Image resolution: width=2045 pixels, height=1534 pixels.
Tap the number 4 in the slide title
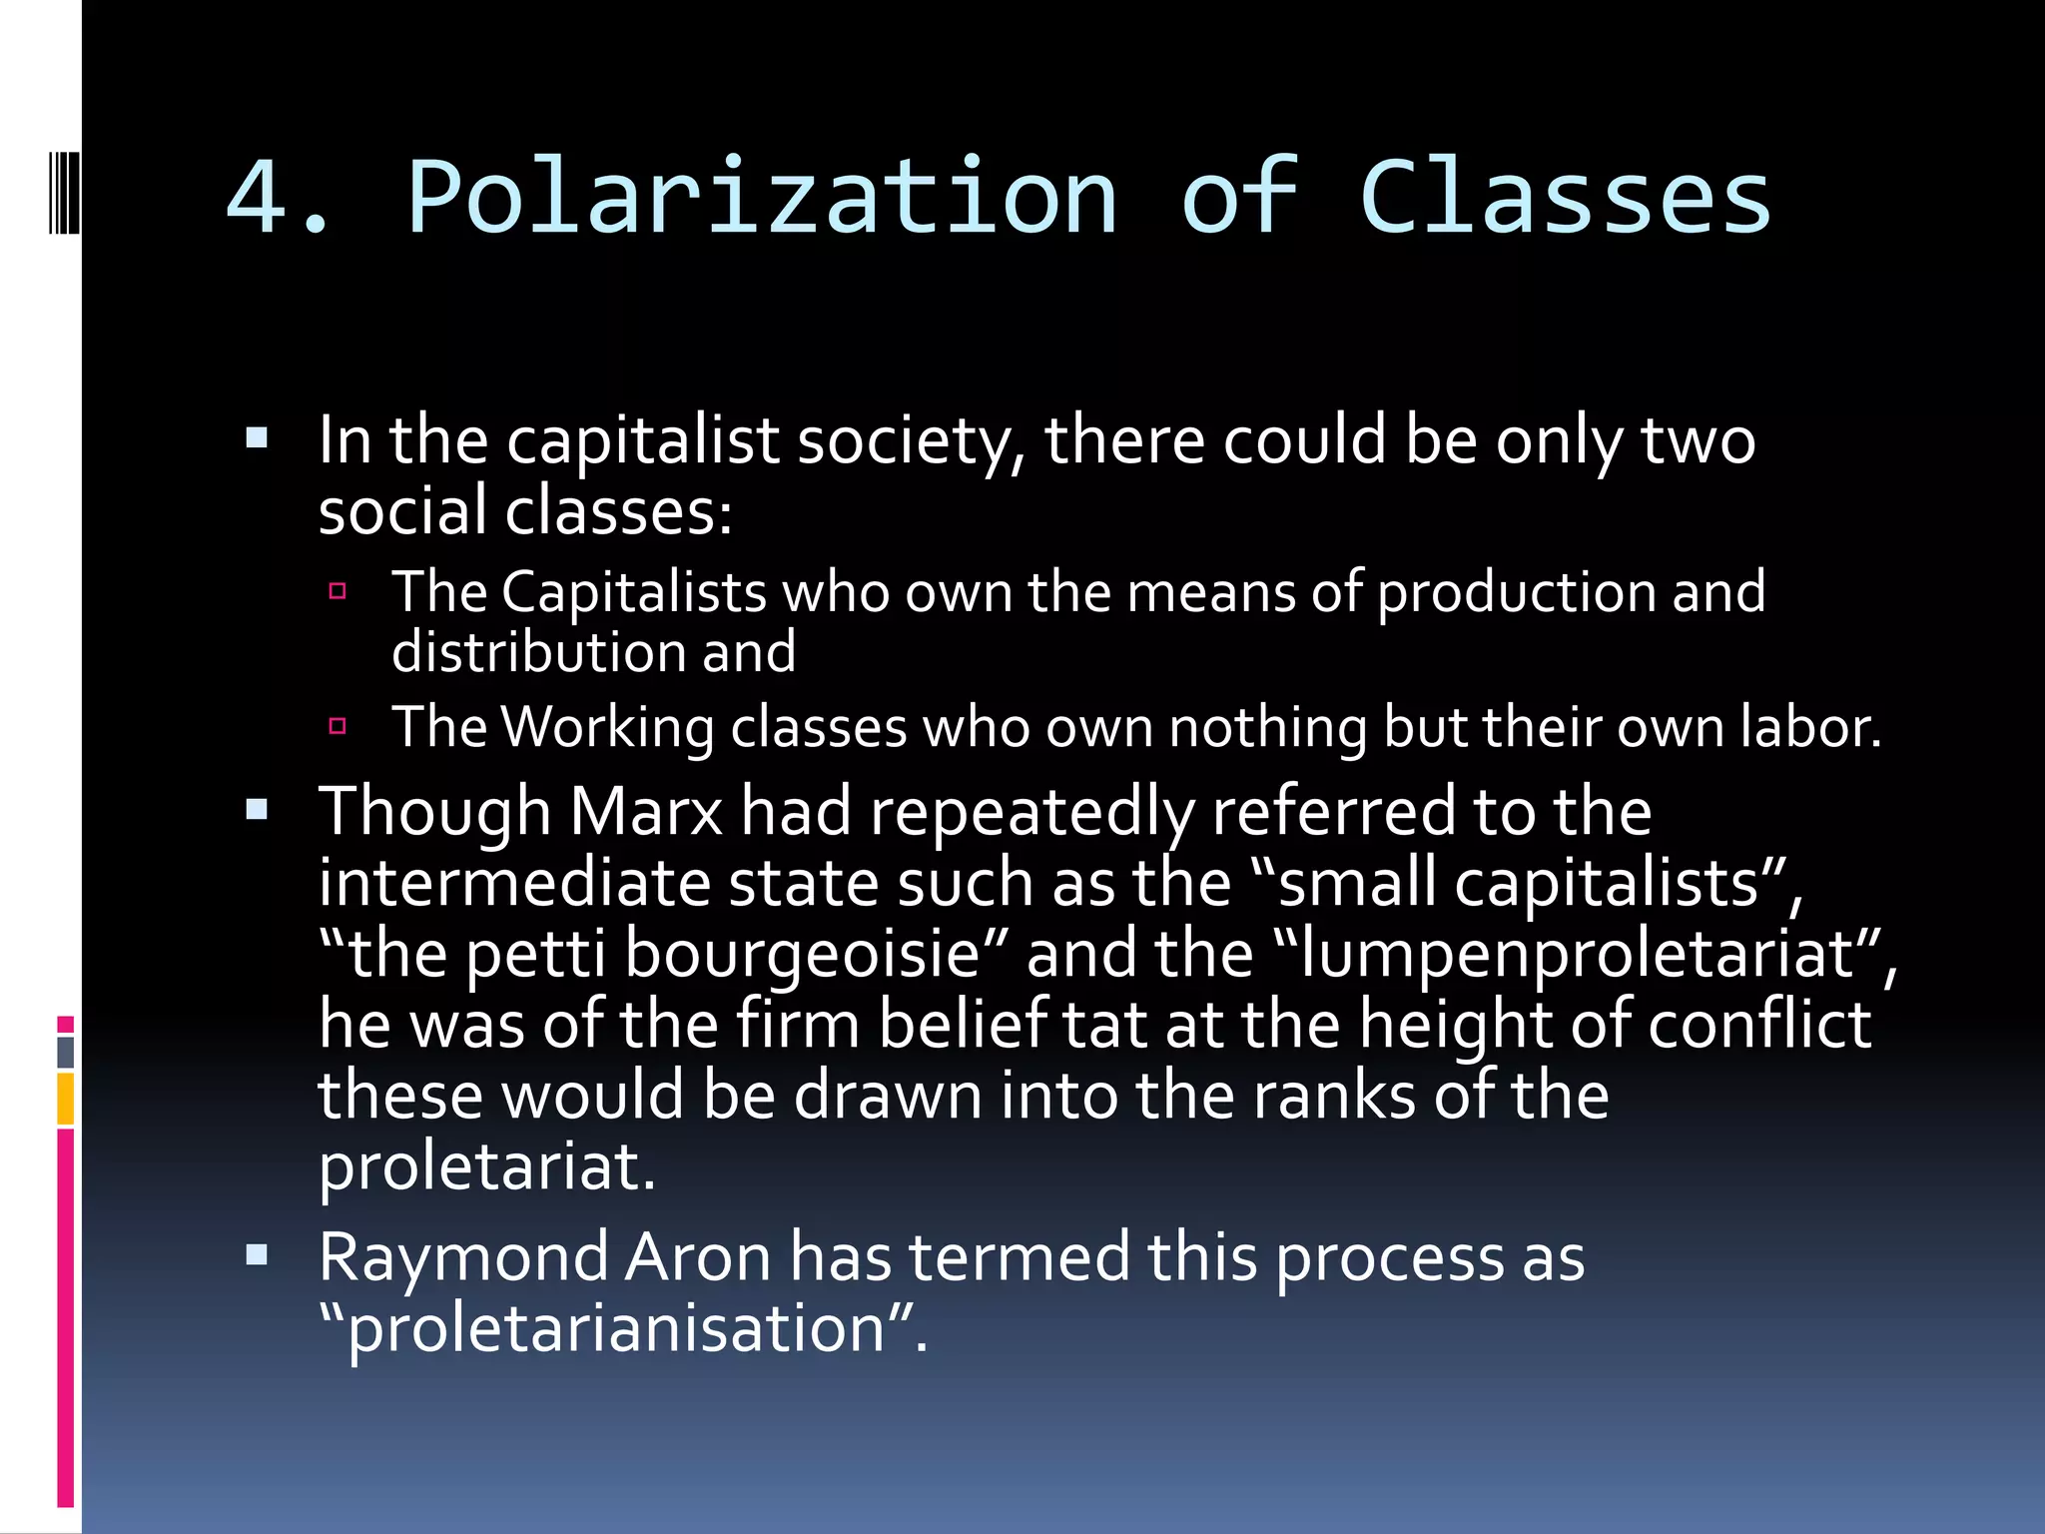coord(258,198)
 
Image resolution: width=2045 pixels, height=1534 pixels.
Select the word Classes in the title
coord(1565,198)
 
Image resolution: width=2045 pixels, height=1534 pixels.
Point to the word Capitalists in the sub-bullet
coord(633,592)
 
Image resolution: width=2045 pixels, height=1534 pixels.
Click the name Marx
coord(646,811)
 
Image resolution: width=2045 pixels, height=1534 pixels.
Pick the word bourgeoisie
coord(816,954)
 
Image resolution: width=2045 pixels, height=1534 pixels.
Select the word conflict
coord(1759,1025)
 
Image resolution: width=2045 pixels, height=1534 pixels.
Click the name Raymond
coord(463,1257)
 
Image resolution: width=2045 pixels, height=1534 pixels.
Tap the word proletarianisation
coord(616,1329)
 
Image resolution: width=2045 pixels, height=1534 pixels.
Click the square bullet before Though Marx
coord(257,809)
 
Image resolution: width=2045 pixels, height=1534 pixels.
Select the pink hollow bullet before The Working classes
coord(338,726)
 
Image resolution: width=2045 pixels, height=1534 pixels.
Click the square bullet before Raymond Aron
coord(257,1255)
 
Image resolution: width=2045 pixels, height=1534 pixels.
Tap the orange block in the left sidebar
coord(66,1098)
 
